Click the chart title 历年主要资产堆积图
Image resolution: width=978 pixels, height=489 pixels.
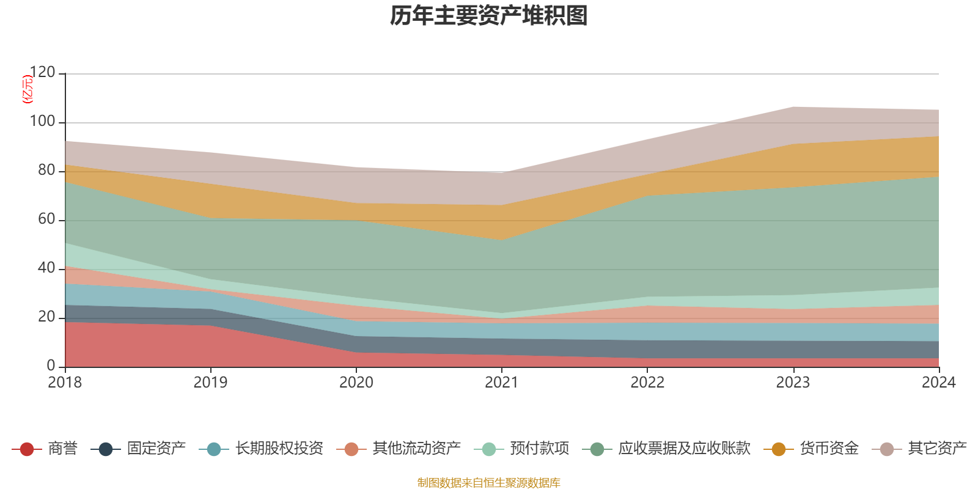coord(489,16)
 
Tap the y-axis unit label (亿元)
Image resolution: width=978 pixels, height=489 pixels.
coord(28,89)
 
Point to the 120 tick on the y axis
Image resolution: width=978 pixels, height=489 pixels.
coord(42,73)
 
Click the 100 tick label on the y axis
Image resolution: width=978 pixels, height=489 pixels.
coord(42,122)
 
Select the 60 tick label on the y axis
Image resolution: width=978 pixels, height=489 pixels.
coord(46,219)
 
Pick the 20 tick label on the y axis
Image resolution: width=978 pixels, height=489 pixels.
coord(46,317)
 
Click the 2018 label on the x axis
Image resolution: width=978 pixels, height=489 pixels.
coord(65,383)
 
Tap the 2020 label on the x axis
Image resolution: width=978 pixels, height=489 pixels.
coord(356,383)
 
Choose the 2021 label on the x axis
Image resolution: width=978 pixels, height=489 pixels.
coord(502,383)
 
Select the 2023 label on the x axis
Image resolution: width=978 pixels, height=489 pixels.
coord(793,383)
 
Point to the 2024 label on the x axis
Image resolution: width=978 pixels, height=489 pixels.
coord(938,383)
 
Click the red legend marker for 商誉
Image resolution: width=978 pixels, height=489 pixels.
coord(27,449)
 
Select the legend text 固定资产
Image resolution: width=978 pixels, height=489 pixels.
coord(156,449)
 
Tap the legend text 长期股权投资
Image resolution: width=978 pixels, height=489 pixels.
coord(279,449)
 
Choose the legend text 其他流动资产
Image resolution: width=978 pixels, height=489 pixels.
coord(417,449)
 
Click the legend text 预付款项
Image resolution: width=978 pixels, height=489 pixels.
coord(540,449)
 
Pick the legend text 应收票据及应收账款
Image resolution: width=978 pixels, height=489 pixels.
coord(684,449)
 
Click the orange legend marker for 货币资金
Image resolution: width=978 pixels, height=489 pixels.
coord(779,449)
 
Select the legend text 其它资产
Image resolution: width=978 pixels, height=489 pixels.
coord(938,449)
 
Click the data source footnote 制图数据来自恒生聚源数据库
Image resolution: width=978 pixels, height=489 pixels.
coord(489,483)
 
